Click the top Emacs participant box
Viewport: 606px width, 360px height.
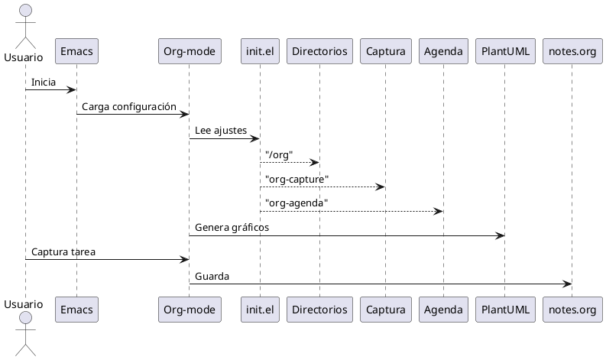pos(76,51)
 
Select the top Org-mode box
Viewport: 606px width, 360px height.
pos(189,51)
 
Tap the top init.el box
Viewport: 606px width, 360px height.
pos(260,51)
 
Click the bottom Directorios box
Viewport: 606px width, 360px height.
pos(319,310)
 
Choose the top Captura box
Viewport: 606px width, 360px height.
pos(385,51)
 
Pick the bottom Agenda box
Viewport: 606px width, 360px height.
pos(443,310)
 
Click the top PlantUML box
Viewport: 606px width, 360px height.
pos(504,51)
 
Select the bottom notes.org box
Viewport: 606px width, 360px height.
pos(572,310)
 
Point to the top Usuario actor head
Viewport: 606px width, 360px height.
pos(25,11)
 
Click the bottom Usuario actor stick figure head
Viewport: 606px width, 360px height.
pos(25,317)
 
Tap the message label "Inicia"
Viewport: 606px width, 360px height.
pos(44,82)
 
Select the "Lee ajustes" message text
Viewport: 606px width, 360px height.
pos(221,131)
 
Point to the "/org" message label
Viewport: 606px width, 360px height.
pos(279,154)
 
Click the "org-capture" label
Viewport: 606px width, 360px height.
pos(297,179)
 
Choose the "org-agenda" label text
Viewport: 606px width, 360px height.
pos(297,203)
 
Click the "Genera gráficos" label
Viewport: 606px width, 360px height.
pos(232,227)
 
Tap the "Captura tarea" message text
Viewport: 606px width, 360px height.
pos(63,251)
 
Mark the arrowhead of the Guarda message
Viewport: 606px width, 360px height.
pos(567,284)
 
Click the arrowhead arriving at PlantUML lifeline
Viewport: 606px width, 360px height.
pos(500,235)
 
